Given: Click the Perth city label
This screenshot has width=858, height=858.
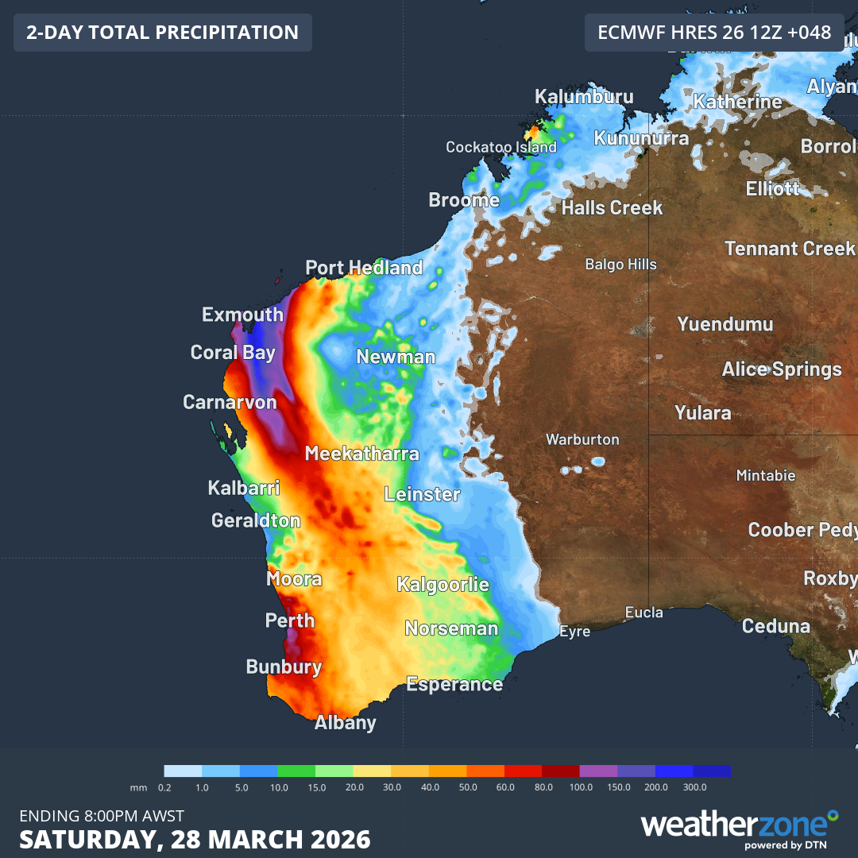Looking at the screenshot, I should point(290,620).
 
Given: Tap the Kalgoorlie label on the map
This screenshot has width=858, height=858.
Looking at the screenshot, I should point(443,585).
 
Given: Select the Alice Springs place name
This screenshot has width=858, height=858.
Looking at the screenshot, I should point(781,369).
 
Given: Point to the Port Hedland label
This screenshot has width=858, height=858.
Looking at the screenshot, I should point(364,269).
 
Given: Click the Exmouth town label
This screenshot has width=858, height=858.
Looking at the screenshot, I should point(242,315).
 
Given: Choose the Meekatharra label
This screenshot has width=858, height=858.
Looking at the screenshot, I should point(361,454).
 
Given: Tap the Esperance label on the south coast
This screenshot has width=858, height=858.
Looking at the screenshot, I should point(454,684).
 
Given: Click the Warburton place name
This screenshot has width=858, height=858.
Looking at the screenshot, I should point(582,439).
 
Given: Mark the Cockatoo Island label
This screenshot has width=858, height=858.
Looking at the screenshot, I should point(500,148).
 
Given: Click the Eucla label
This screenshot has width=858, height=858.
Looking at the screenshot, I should point(643,613).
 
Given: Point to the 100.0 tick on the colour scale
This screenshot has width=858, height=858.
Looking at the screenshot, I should point(580,787).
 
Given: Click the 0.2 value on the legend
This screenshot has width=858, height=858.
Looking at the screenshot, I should point(165,787).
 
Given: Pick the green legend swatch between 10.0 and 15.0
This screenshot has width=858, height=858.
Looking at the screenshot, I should point(296,771).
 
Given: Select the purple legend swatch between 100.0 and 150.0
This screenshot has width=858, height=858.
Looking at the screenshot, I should point(598,771).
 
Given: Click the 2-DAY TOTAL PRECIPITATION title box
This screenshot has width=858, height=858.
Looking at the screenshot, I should point(162,33).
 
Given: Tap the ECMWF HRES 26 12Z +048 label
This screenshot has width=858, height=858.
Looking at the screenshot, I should point(714,33).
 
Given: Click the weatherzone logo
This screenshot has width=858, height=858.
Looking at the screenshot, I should point(739,826).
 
